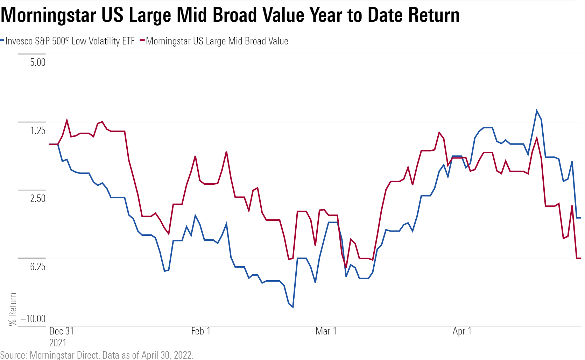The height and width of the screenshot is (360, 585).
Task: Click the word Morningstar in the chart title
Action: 49,15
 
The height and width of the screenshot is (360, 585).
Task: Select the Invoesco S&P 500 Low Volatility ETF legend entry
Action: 70,41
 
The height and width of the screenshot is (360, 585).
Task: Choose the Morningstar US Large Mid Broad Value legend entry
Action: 217,41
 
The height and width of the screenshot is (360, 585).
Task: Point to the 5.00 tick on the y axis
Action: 38,63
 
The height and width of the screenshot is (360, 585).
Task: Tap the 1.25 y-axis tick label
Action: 38,131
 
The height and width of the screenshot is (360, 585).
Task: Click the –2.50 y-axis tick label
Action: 35,198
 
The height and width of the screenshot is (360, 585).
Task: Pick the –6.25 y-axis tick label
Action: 35,267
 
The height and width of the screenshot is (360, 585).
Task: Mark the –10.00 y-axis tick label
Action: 33,319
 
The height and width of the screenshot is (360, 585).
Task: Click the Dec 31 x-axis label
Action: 62,331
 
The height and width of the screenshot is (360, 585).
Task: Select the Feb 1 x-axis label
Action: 201,331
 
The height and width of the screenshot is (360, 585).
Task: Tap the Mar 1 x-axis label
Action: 326,331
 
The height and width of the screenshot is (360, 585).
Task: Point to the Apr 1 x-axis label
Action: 462,331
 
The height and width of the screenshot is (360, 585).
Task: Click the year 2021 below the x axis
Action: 58,343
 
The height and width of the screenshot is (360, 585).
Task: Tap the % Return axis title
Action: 13,309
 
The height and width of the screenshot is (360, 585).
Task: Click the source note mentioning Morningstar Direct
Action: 97,355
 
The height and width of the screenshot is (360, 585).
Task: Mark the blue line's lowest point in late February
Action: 293,307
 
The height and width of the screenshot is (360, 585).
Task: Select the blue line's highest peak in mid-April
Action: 536,111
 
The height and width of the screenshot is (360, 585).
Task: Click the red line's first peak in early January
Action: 67,120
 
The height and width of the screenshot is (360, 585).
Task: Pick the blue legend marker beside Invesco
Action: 2,41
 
